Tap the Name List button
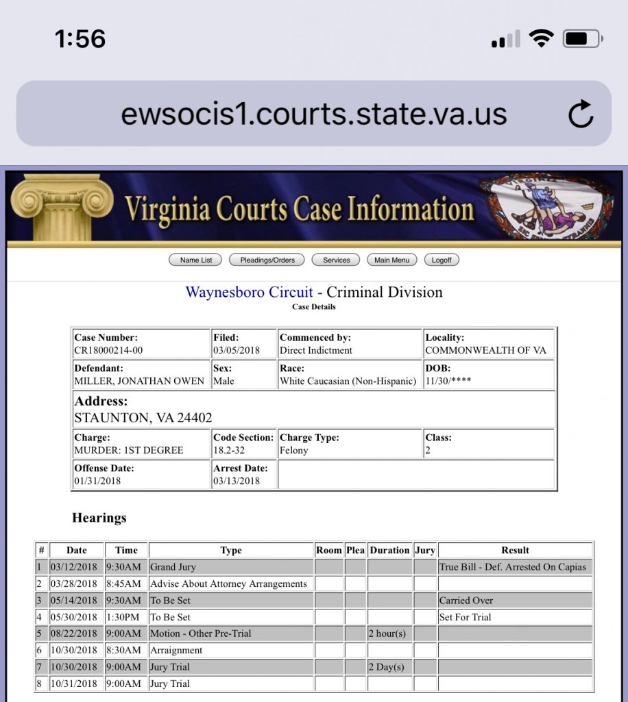coord(196,260)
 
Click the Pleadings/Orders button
coord(267,260)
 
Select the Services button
coord(337,260)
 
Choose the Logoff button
coord(442,260)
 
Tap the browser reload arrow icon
coord(581,114)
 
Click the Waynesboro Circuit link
coord(249,292)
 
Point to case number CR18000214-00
coord(109,350)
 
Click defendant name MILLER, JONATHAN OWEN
coord(139,381)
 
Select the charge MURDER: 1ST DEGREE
coord(129,450)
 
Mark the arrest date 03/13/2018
coord(237,481)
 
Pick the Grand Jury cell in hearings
coord(173,567)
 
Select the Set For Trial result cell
coord(466,617)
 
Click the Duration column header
coord(389,550)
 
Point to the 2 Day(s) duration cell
coord(387,667)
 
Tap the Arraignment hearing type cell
coord(177,650)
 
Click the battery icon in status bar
coord(581,39)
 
